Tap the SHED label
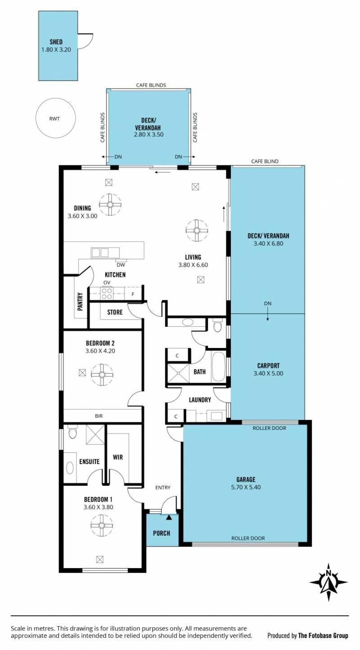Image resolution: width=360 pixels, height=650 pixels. tap(56, 42)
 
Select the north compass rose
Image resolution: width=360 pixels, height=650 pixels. tap(328, 582)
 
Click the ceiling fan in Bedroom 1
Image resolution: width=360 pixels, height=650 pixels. tap(102, 525)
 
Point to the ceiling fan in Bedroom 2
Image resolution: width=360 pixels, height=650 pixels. tap(102, 375)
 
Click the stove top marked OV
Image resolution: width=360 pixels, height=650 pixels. tap(107, 293)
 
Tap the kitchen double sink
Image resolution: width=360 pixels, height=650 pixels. tap(100, 253)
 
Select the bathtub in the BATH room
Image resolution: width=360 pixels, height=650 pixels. tap(219, 366)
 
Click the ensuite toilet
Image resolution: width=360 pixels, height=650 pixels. tap(72, 433)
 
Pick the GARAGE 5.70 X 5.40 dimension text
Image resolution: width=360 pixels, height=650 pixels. tap(246, 487)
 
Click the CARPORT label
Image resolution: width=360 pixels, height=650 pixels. tap(268, 366)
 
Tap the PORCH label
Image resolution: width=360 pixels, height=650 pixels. tap(162, 533)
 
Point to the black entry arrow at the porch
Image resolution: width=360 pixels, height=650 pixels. tap(169, 517)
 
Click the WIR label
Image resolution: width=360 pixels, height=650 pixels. tap(118, 457)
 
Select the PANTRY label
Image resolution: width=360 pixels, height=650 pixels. tap(81, 302)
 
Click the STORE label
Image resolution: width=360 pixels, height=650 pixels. tap(115, 312)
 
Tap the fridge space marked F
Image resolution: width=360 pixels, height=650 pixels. tap(133, 294)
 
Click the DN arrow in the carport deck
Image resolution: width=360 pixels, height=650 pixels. tap(267, 314)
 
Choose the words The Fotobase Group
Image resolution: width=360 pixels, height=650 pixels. tap(323, 636)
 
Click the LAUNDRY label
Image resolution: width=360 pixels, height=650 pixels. tap(200, 400)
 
